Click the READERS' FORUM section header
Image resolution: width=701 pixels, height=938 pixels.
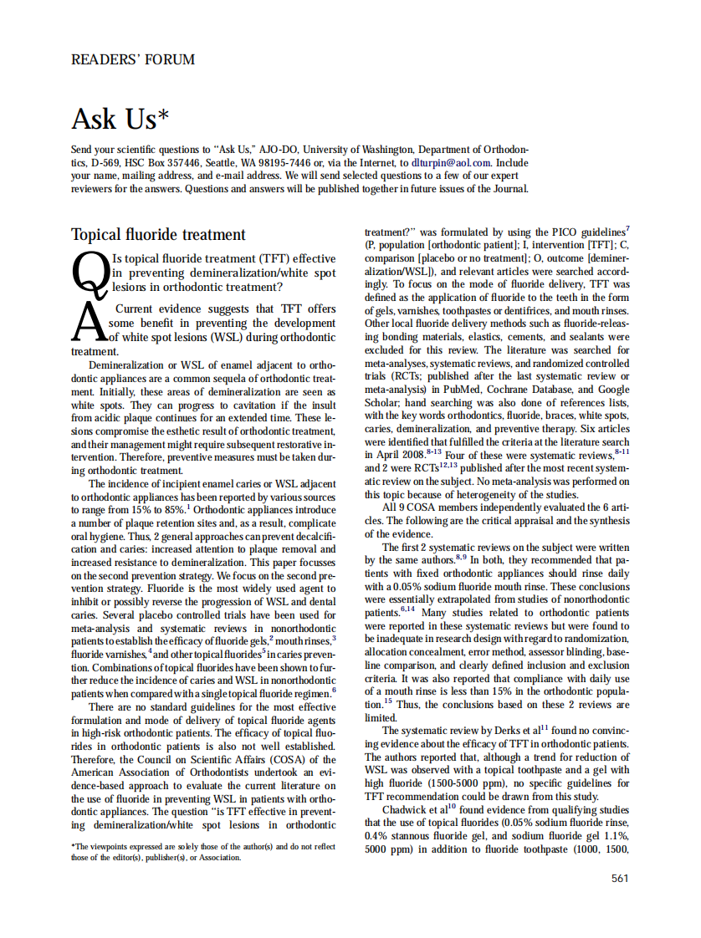(133, 59)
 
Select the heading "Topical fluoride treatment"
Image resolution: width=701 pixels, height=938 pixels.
(158, 235)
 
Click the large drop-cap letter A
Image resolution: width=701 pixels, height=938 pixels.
(89, 323)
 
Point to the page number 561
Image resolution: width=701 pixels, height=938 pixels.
(619, 878)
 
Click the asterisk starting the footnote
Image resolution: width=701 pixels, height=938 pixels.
(74, 847)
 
